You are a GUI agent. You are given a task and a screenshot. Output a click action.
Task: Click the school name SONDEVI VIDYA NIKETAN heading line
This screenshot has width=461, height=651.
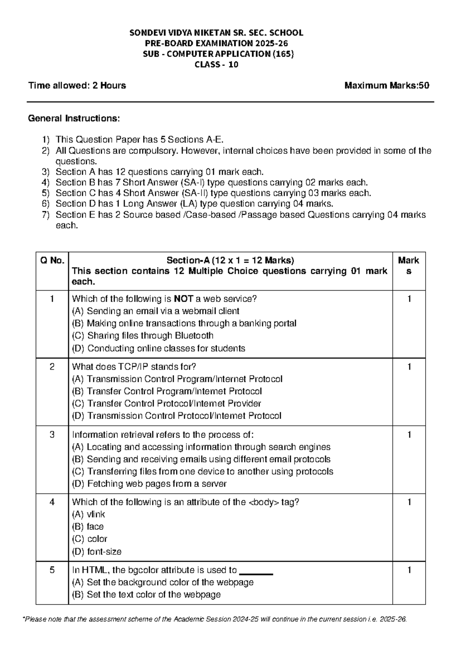point(216,33)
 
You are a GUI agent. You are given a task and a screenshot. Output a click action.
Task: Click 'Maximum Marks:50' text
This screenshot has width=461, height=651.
point(386,86)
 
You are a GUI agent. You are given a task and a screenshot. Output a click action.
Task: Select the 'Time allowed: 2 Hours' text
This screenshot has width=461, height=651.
point(77,86)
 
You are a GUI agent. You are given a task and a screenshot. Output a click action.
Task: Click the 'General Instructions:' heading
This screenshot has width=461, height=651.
point(74,118)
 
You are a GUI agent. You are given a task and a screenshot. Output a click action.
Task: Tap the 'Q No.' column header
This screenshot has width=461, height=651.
point(52,261)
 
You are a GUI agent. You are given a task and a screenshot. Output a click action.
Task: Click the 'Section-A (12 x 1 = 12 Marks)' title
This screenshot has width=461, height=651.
point(230,261)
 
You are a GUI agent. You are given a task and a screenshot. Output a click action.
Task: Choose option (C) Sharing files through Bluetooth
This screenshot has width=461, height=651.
point(143,335)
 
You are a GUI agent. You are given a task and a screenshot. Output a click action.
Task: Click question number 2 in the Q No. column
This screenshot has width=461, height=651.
point(52,367)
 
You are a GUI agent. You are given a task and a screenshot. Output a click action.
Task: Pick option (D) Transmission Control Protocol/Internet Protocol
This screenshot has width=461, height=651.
point(177,416)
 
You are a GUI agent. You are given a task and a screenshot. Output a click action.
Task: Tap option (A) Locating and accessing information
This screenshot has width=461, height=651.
point(201,447)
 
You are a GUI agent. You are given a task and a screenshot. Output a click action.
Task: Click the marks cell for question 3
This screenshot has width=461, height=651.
point(409,435)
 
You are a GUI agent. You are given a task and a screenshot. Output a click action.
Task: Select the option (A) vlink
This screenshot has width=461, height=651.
point(88,514)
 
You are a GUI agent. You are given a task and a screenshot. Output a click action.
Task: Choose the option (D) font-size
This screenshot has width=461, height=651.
point(97,552)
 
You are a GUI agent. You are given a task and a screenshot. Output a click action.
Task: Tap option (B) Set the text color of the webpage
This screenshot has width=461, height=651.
point(146,595)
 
